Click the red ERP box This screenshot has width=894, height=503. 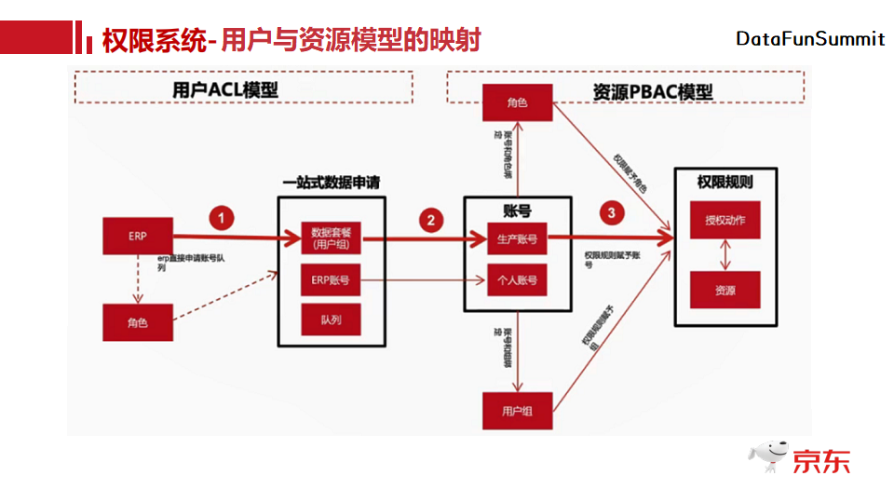point(138,237)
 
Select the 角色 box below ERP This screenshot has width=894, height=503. point(138,321)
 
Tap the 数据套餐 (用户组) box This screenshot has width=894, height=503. point(331,238)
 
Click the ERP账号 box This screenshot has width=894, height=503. point(331,279)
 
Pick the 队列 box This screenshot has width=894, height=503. point(331,319)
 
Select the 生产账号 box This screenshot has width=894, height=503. point(518,238)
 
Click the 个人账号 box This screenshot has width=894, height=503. point(518,279)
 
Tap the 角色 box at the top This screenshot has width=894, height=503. point(517,102)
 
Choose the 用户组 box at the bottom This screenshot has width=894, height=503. point(517,410)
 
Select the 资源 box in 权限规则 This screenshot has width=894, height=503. point(725,290)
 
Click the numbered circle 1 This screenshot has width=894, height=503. point(221,218)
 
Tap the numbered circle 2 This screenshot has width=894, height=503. point(430,220)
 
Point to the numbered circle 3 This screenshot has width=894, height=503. point(611,212)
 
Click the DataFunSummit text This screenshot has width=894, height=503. point(810,39)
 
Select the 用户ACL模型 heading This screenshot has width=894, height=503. point(225,89)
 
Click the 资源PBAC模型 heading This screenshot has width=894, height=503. point(652,92)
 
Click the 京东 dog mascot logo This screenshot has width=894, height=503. point(769,456)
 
